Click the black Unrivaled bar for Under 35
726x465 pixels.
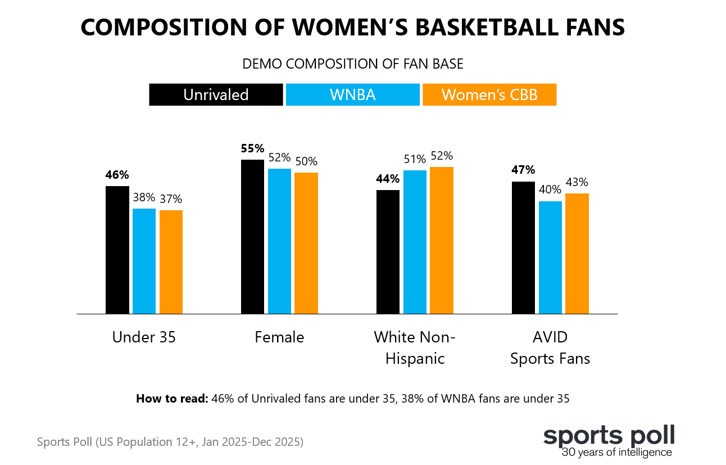(x=117, y=250)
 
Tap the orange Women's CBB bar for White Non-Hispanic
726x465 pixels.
(x=441, y=240)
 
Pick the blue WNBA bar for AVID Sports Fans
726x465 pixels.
(x=550, y=257)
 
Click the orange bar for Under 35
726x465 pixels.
(x=171, y=261)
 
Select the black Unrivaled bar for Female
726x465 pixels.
(x=252, y=236)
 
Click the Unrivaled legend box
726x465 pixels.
(x=216, y=94)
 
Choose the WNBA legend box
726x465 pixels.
(x=352, y=94)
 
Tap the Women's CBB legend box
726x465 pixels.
(x=489, y=94)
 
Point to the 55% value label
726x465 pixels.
(x=252, y=149)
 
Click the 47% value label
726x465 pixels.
(x=523, y=170)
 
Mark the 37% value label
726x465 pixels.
(x=171, y=199)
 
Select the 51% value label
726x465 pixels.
(x=415, y=159)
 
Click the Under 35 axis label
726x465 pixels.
(x=144, y=337)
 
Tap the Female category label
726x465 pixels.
(x=279, y=337)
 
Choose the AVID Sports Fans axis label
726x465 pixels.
(x=550, y=348)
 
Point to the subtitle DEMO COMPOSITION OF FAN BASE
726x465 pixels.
(x=352, y=64)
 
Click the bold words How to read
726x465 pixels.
(x=172, y=399)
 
